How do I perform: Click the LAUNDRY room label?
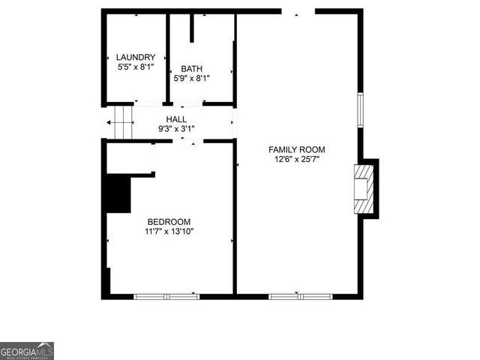click(x=136, y=57)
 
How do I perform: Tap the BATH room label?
click(x=191, y=68)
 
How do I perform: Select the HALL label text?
click(x=176, y=119)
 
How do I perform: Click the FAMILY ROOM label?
click(x=297, y=149)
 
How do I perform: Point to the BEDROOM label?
click(x=169, y=221)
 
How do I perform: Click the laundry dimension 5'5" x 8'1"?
click(x=136, y=67)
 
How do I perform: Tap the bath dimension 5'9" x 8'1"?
click(x=191, y=77)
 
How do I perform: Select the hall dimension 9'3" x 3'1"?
click(x=176, y=128)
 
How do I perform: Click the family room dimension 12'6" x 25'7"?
click(x=297, y=159)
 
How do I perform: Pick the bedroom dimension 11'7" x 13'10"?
click(x=169, y=231)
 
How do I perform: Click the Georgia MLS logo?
click(x=27, y=351)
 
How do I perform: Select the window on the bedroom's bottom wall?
click(x=166, y=296)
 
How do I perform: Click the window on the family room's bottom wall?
click(x=300, y=296)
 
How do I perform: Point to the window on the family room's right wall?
click(x=360, y=109)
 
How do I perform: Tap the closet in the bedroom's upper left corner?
click(x=129, y=157)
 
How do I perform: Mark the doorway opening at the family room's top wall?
click(x=298, y=11)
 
